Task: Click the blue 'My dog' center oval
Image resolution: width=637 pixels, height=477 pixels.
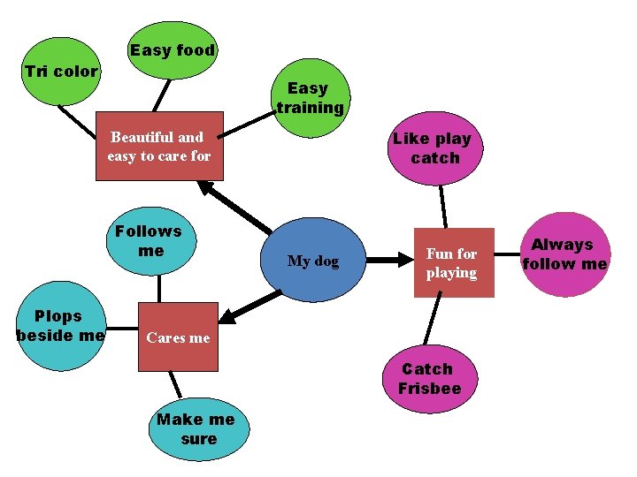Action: coord(314,261)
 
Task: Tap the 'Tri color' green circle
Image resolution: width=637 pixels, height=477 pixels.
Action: coord(60,72)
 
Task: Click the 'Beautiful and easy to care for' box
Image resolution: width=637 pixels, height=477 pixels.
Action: coord(159,147)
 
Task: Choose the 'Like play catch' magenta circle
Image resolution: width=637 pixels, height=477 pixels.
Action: coord(433,148)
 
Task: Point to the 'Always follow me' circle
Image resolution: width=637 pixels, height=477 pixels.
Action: coord(564,254)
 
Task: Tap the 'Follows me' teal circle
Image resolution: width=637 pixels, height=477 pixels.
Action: coord(149,240)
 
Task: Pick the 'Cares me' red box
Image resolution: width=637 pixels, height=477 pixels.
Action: coord(178,337)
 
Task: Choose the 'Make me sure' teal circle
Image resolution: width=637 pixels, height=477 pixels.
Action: coord(196,429)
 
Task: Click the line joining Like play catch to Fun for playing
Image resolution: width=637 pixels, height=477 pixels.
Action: coord(444,207)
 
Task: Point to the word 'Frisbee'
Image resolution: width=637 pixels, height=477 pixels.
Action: coord(429,389)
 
